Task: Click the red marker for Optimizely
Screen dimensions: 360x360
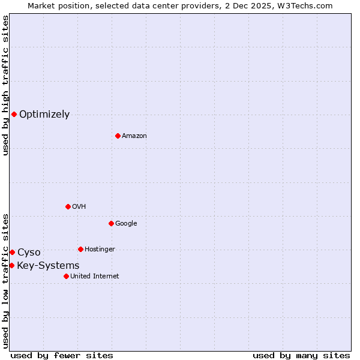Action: pyautogui.click(x=14, y=114)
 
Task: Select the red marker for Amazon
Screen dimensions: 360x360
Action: pyautogui.click(x=118, y=136)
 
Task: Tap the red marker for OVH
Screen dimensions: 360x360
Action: pyautogui.click(x=68, y=206)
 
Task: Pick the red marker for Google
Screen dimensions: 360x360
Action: pyautogui.click(x=111, y=223)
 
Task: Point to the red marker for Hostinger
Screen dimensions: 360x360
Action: pyautogui.click(x=80, y=249)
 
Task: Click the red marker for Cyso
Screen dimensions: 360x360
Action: pyautogui.click(x=12, y=252)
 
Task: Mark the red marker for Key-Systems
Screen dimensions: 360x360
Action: pyautogui.click(x=11, y=265)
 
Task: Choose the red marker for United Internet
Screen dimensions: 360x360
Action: pyautogui.click(x=66, y=276)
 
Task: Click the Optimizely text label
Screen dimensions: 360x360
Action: pyautogui.click(x=44, y=115)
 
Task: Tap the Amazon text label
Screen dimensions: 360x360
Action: pyautogui.click(x=134, y=136)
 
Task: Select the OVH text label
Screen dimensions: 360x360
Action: pyautogui.click(x=79, y=207)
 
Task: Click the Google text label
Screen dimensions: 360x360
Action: pyautogui.click(x=126, y=224)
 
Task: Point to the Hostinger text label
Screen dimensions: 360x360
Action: pyautogui.click(x=100, y=250)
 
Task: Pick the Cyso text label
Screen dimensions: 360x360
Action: pyautogui.click(x=29, y=253)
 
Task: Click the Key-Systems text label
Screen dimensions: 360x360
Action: pyautogui.click(x=48, y=266)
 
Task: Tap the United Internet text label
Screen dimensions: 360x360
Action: pyautogui.click(x=94, y=277)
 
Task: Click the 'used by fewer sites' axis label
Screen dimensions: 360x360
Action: pyautogui.click(x=62, y=355)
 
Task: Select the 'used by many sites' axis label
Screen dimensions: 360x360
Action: pyautogui.click(x=301, y=355)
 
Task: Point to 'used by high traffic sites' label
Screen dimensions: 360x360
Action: pyautogui.click(x=5, y=85)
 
